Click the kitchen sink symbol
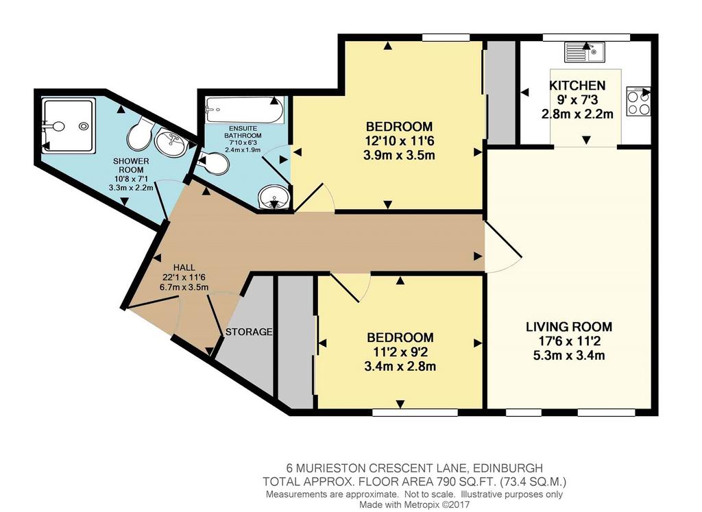[x=584, y=52]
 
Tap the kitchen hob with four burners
[x=639, y=101]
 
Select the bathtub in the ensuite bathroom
[x=244, y=109]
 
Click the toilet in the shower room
[x=140, y=133]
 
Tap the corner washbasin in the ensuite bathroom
[x=275, y=197]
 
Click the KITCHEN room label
[x=577, y=86]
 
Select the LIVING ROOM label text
[x=568, y=327]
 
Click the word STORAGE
[x=248, y=332]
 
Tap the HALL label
[x=184, y=267]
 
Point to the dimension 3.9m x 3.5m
[x=400, y=156]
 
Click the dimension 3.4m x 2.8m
[x=400, y=367]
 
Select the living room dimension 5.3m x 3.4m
[x=568, y=356]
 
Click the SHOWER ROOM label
[x=131, y=166]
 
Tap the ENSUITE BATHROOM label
[x=243, y=132]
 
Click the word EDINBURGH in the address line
[x=509, y=469]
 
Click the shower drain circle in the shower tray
[x=83, y=127]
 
